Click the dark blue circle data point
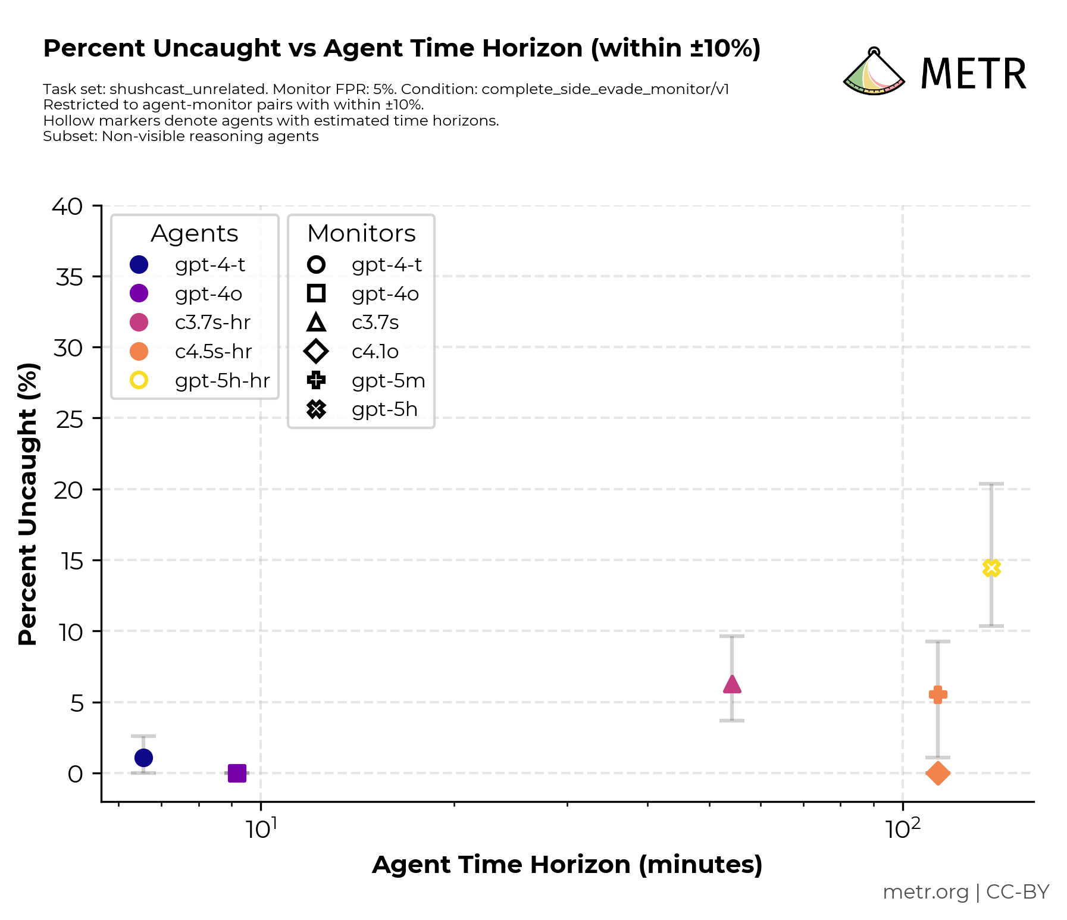[143, 758]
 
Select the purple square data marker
[237, 774]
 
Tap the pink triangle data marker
[732, 685]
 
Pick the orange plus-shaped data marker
[938, 694]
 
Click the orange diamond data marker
[938, 774]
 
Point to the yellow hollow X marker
[991, 568]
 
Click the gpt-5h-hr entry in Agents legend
[222, 380]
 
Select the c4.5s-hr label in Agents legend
[213, 351]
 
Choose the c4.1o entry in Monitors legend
[375, 351]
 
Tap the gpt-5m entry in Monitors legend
[388, 380]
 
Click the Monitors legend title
[361, 233]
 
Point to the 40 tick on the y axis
[67, 206]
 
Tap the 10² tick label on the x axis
[903, 828]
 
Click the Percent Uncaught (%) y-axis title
[28, 503]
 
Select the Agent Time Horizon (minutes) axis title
[567, 865]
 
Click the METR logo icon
[874, 73]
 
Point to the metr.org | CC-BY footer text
[965, 891]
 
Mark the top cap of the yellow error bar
[991, 484]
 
